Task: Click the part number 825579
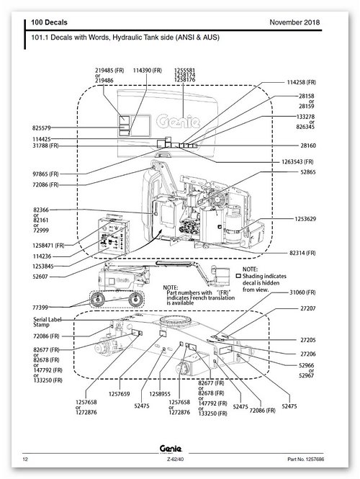[42, 128]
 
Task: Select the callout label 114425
[42, 139]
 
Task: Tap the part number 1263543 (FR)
[297, 161]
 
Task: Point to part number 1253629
[305, 219]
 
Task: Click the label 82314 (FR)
[302, 253]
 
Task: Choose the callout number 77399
[40, 308]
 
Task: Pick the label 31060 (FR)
[302, 292]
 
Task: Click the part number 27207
[307, 308]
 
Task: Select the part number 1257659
[119, 394]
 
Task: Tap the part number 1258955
[160, 394]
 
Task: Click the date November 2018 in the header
[294, 22]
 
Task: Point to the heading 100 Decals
[49, 22]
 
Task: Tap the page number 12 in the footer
[25, 459]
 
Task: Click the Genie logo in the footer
[171, 449]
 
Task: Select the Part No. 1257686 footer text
[306, 459]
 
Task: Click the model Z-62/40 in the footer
[175, 459]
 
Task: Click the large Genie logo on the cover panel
[179, 121]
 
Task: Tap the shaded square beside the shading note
[239, 276]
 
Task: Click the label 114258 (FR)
[301, 82]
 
